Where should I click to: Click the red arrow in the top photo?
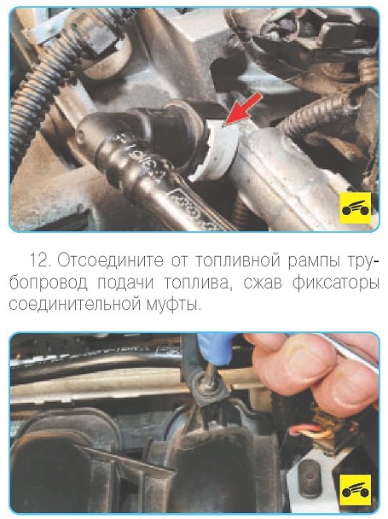coord(243,109)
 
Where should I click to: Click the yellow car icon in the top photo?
coord(356,208)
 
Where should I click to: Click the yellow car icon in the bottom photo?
coord(356,489)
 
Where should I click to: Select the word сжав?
coord(262,283)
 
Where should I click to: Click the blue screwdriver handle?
coord(215,348)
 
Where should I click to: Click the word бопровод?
coord(49,283)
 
